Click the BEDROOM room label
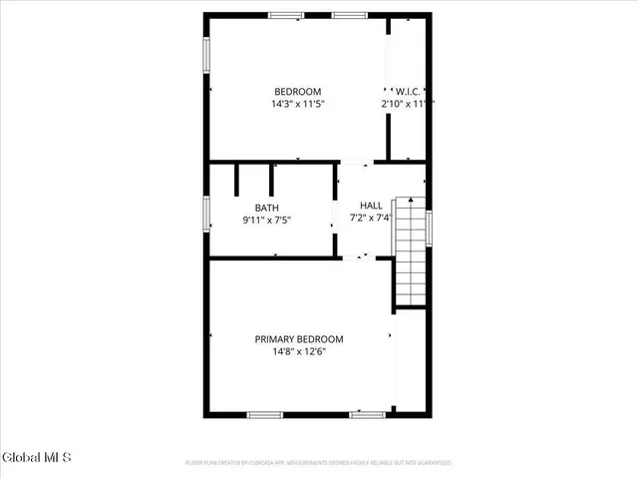[296, 91]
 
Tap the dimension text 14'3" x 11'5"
[296, 104]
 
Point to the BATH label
[266, 208]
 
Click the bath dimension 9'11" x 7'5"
[266, 220]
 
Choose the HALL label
[371, 205]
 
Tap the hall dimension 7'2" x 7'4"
[371, 217]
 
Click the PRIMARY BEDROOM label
[299, 338]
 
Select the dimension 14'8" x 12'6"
[299, 351]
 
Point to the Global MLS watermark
[37, 458]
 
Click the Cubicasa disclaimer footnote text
[319, 463]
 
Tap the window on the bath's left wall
[206, 213]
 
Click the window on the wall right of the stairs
[429, 228]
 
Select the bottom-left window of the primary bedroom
[265, 414]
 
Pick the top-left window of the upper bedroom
[286, 15]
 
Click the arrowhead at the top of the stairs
[410, 202]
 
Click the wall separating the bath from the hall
[336, 210]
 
